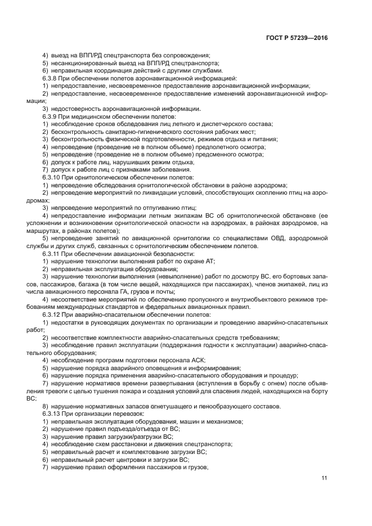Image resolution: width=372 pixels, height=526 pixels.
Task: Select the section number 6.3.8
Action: [50, 78]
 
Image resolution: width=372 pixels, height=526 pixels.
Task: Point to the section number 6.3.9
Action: [50, 116]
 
